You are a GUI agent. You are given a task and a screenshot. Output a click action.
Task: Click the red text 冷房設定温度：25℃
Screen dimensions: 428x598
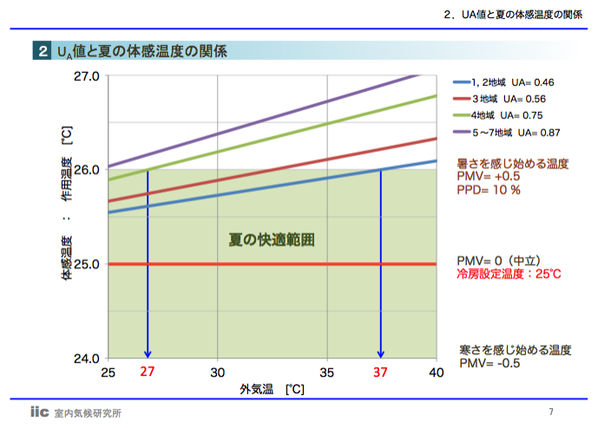[509, 273]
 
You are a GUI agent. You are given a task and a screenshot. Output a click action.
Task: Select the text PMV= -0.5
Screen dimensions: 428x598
[490, 363]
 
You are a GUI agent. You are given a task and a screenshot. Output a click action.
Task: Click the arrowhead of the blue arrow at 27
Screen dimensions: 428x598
[148, 353]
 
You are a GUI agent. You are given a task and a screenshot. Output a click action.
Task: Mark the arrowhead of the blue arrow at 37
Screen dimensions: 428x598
[380, 353]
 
